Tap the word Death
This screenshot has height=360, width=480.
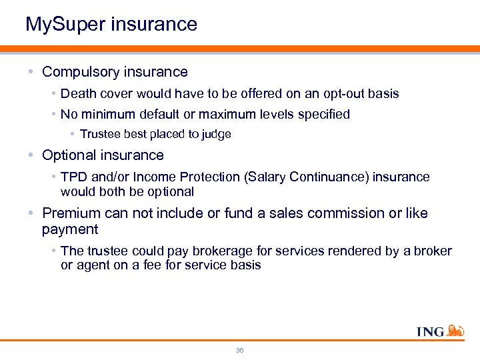click(x=77, y=93)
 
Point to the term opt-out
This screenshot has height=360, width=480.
click(x=333, y=93)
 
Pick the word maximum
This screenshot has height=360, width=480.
click(x=250, y=114)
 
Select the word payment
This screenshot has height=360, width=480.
click(x=70, y=229)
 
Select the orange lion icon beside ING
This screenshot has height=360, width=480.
click(x=456, y=330)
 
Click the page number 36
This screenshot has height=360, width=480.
click(x=240, y=350)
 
